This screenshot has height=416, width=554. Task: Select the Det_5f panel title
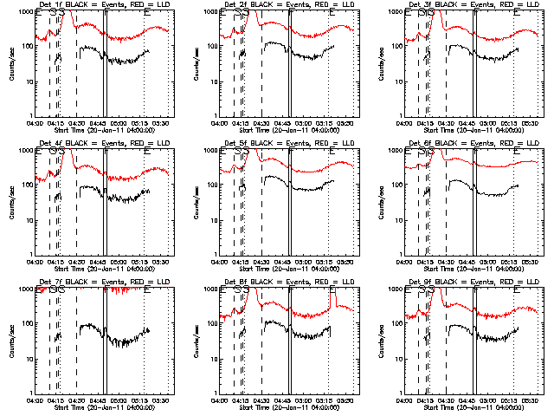coord(289,144)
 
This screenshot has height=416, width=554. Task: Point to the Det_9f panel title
coord(474,283)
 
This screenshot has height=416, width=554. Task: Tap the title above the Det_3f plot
coord(474,5)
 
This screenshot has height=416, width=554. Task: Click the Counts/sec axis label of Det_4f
coord(11,202)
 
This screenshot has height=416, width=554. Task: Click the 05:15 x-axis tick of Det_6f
coord(514,262)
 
